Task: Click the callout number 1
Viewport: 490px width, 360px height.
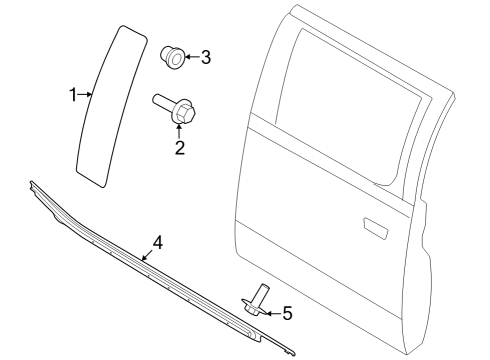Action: click(73, 94)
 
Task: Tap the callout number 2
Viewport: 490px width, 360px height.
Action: click(180, 150)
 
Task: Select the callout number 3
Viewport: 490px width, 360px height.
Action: click(205, 57)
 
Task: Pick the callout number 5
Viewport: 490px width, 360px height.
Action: click(286, 314)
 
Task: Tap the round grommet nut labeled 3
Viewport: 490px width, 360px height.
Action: click(172, 57)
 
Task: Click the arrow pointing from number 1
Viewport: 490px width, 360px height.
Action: click(85, 95)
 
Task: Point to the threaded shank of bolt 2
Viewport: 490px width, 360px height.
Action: click(162, 103)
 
